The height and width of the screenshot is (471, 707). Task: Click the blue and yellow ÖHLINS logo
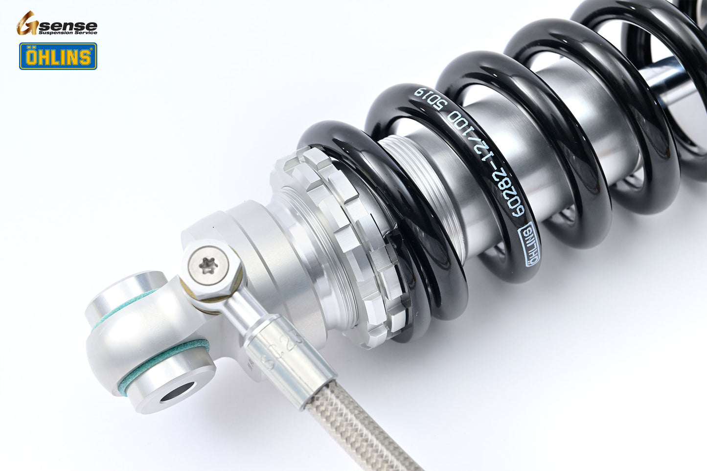[x=58, y=56]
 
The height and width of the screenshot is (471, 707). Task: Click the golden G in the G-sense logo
[x=27, y=23]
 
